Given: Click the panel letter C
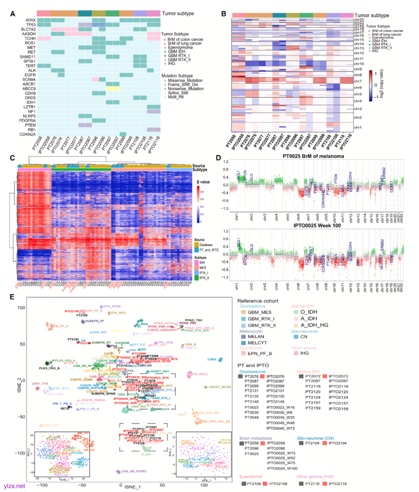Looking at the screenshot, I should tap(12, 158).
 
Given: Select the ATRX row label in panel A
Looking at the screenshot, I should tap(31, 20).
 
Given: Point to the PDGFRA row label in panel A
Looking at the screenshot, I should tap(29, 120).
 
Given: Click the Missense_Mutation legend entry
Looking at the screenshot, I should tap(185, 80).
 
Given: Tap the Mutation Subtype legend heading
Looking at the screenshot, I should tap(177, 76).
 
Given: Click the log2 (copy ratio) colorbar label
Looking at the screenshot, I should tap(381, 84).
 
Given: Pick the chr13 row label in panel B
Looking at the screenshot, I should tap(359, 49).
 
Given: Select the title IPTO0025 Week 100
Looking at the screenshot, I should tap(312, 225).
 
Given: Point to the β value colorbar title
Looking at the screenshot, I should tap(203, 182).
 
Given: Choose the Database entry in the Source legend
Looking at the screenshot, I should tap(206, 245).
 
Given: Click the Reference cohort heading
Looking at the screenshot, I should tap(258, 301).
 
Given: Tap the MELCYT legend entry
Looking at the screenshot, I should tap(257, 343).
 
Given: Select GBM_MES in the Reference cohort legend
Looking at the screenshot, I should tap(260, 312).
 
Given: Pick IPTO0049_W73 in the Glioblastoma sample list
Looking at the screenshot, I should tap(280, 428).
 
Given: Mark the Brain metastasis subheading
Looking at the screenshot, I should tap(256, 438).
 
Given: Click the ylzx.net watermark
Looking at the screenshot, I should tap(14, 486).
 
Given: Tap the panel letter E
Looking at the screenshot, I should tap(12, 297).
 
